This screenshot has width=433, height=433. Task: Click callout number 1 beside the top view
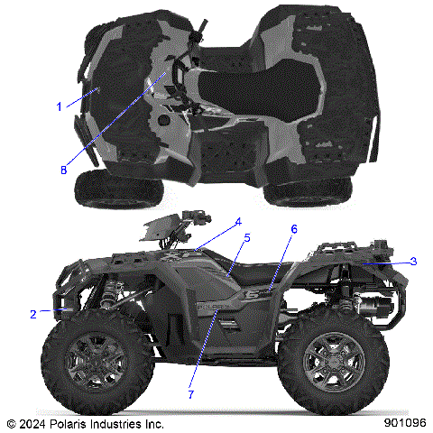click(x=60, y=106)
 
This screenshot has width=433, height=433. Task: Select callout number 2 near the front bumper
click(x=33, y=314)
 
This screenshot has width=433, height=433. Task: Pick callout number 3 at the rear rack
click(x=413, y=261)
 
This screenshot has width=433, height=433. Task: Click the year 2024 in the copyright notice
click(x=32, y=422)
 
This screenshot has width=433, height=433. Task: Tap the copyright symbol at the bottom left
click(x=10, y=422)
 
